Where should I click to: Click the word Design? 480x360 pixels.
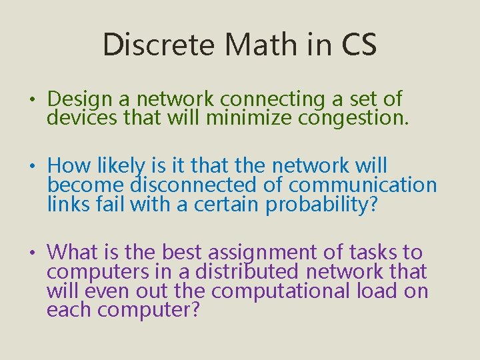click(x=81, y=99)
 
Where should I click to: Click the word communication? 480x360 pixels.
click(x=363, y=185)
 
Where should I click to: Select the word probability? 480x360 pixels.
click(x=321, y=204)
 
